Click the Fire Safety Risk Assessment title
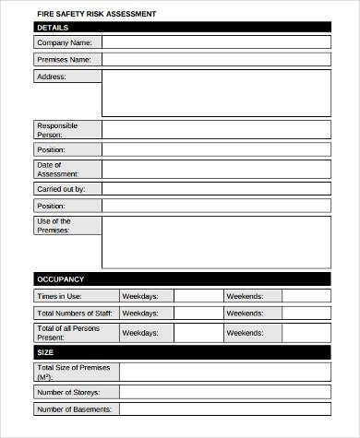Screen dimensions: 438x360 pos(96,14)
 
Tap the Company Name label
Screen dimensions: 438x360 pos(64,42)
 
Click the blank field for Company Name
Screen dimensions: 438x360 pos(215,42)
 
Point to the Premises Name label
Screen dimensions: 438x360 pos(64,60)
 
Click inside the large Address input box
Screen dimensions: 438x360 pos(215,92)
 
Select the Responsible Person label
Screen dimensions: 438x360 pos(57,130)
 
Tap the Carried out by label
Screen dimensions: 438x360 pos(62,189)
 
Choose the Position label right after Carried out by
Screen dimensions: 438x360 pos(51,207)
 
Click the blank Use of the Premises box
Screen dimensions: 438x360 pos(215,242)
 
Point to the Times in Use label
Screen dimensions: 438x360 pos(60,296)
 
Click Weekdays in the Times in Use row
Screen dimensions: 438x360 pos(140,296)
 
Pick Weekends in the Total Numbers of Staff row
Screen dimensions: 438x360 pos(245,314)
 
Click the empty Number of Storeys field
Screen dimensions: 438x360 pos(224,392)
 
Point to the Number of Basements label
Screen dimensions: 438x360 pos(75,409)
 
